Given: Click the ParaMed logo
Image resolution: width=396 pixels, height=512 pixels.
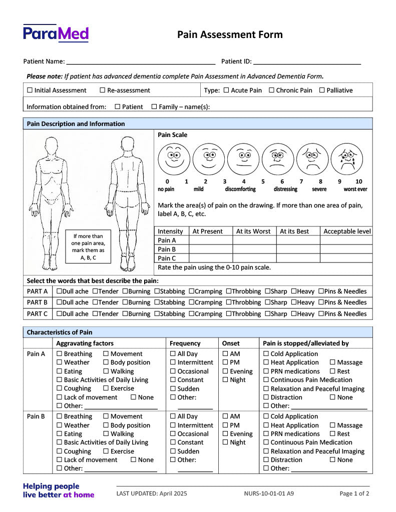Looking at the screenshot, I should point(56,33).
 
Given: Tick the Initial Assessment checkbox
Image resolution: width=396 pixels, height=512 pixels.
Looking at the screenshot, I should point(30,90).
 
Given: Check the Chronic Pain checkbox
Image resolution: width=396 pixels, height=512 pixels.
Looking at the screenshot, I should point(271,90).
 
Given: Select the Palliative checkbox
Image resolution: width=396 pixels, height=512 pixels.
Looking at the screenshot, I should point(322,90).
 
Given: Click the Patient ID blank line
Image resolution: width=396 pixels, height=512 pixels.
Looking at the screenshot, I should point(307,61).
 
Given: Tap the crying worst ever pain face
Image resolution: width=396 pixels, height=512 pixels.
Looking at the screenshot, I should point(346,159).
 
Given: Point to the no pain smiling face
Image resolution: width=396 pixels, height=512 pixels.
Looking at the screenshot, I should point(174,159).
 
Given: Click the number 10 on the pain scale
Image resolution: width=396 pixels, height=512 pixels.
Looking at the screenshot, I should point(358,181).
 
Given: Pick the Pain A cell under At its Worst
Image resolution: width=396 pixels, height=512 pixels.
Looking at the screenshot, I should point(254,240).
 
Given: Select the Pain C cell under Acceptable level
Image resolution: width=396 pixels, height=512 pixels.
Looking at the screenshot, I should point(346,258).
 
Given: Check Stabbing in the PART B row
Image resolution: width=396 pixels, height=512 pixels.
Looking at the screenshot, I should point(157,302).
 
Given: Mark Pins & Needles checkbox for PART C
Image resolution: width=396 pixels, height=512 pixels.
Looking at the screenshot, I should point(321,314).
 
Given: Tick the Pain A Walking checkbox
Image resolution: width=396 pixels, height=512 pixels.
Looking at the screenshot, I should point(106,371).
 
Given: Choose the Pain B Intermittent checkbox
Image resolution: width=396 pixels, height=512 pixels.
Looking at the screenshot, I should point(173,425).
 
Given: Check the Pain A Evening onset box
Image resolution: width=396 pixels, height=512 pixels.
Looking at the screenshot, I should point(225,371).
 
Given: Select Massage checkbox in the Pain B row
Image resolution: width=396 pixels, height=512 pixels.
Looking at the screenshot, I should point(332,425).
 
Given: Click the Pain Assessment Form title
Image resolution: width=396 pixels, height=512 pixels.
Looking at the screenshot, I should point(230,34).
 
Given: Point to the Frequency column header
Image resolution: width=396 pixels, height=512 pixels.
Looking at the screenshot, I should point(185,343).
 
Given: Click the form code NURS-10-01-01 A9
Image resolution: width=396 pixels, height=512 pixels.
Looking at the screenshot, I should point(269,493).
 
